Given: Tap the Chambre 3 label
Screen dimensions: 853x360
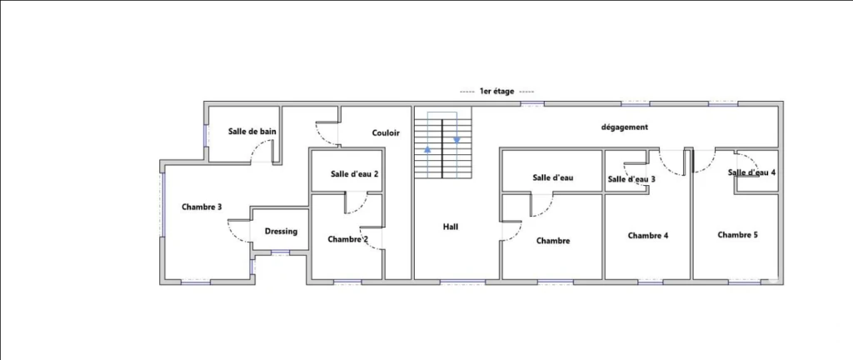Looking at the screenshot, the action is click(202, 207).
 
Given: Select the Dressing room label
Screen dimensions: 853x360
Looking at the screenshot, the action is click(282, 231).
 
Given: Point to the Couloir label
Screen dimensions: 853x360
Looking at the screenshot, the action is click(387, 132).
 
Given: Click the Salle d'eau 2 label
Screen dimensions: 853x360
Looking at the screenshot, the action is click(355, 174).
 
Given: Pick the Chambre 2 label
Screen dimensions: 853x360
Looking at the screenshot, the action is click(348, 239).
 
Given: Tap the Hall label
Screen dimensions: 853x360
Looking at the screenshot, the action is click(451, 227).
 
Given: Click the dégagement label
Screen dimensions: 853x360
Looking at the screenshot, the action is click(625, 127).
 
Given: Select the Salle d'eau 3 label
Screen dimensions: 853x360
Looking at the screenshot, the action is click(631, 179).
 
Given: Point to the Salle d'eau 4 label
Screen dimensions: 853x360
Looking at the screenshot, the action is click(752, 172).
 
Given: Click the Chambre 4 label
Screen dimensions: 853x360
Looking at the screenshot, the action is click(648, 236).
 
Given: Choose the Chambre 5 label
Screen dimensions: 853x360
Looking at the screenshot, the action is click(738, 235).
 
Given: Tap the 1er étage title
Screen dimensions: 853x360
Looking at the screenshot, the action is click(496, 92).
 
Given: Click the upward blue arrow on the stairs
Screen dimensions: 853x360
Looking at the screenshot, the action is click(427, 147).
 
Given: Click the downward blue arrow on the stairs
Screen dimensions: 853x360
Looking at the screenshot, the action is click(457, 140).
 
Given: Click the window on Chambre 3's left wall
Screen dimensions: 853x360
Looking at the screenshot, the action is click(162, 204).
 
